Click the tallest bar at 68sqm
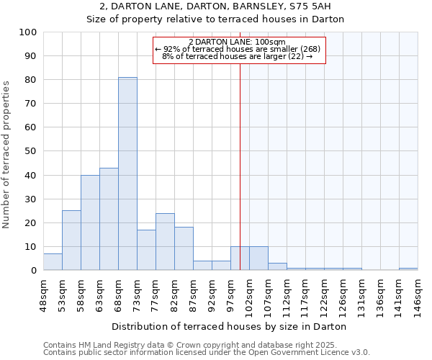point(127,174)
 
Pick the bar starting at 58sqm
point(90,222)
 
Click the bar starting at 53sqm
point(71,240)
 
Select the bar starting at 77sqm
point(165,242)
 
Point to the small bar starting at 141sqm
point(408,269)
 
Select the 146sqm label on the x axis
point(418,294)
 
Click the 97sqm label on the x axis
point(230,294)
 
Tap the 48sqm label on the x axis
point(43,294)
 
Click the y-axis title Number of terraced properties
point(7,154)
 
